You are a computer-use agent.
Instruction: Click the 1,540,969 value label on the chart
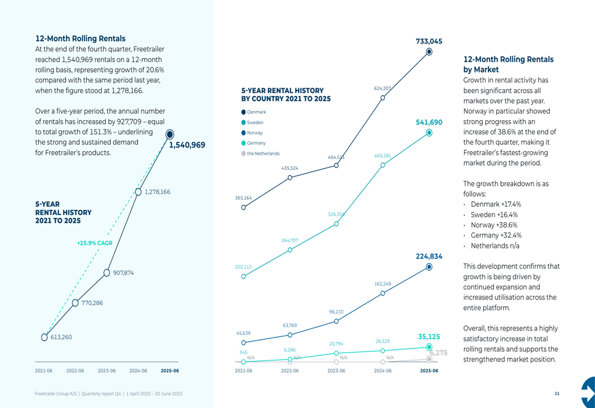click(187, 145)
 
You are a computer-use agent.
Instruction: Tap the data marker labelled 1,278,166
click(138, 192)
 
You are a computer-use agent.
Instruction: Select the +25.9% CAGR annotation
click(95, 243)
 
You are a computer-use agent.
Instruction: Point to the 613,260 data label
click(61, 337)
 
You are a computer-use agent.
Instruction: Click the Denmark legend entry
click(254, 112)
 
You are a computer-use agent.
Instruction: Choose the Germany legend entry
click(254, 143)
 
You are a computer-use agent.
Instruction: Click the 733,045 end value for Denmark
click(428, 41)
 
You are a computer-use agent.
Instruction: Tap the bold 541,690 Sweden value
click(428, 122)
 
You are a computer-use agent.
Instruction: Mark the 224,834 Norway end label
click(428, 257)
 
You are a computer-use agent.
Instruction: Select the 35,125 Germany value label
click(429, 337)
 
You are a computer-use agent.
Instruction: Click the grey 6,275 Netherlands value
click(438, 353)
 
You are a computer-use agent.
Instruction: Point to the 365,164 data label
click(243, 198)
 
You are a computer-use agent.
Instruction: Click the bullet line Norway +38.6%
click(493, 225)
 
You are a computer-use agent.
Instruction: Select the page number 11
click(557, 394)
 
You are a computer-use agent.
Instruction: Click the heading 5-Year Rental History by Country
click(286, 95)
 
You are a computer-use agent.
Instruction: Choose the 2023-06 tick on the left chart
click(107, 370)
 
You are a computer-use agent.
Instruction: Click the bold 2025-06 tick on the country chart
click(429, 370)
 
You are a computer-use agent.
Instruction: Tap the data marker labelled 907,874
click(107, 273)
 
